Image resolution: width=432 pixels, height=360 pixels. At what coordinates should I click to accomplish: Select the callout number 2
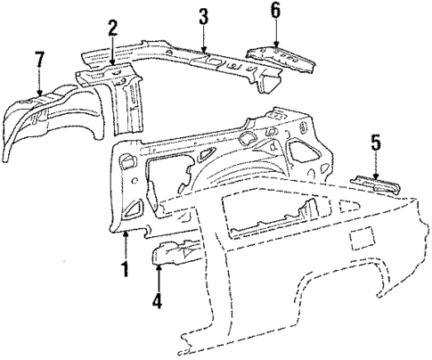112,29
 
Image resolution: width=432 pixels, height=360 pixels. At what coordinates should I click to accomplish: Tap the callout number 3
203,15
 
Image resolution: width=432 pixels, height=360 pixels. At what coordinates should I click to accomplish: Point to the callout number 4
157,301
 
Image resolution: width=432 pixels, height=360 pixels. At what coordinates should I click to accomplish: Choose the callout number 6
275,10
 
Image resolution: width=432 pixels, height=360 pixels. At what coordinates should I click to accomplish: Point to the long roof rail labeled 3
196,59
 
